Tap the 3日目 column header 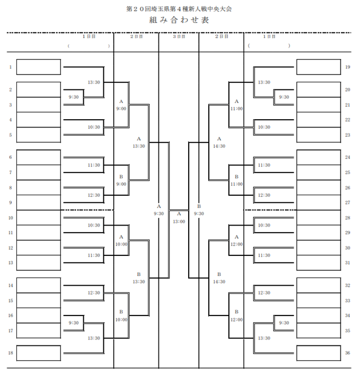(178, 37)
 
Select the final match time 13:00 (178, 221)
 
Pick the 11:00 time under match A (237, 108)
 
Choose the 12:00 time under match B (237, 319)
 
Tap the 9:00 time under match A (121, 108)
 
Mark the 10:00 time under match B (121, 319)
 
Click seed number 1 (10, 67)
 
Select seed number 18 (10, 353)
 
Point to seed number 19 (348, 67)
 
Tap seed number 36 (348, 353)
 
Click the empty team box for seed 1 (38, 67)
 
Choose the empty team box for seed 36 (318, 353)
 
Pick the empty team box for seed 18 (38, 353)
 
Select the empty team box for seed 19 (318, 67)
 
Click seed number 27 (348, 203)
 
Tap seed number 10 (10, 218)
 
